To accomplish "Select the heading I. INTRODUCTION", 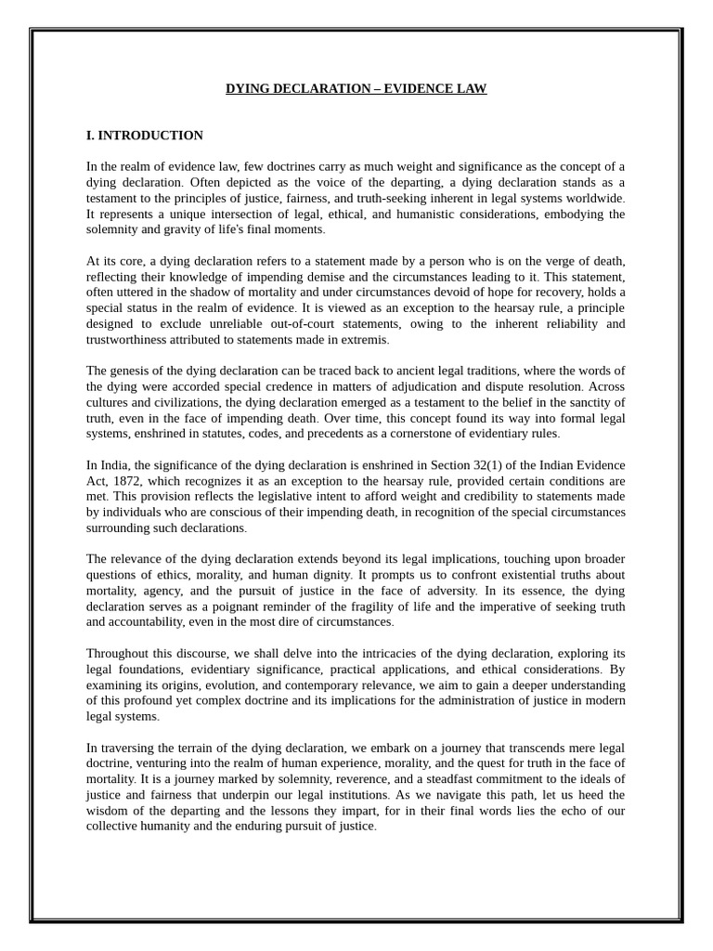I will point(144,136).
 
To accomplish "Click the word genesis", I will point(130,371).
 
